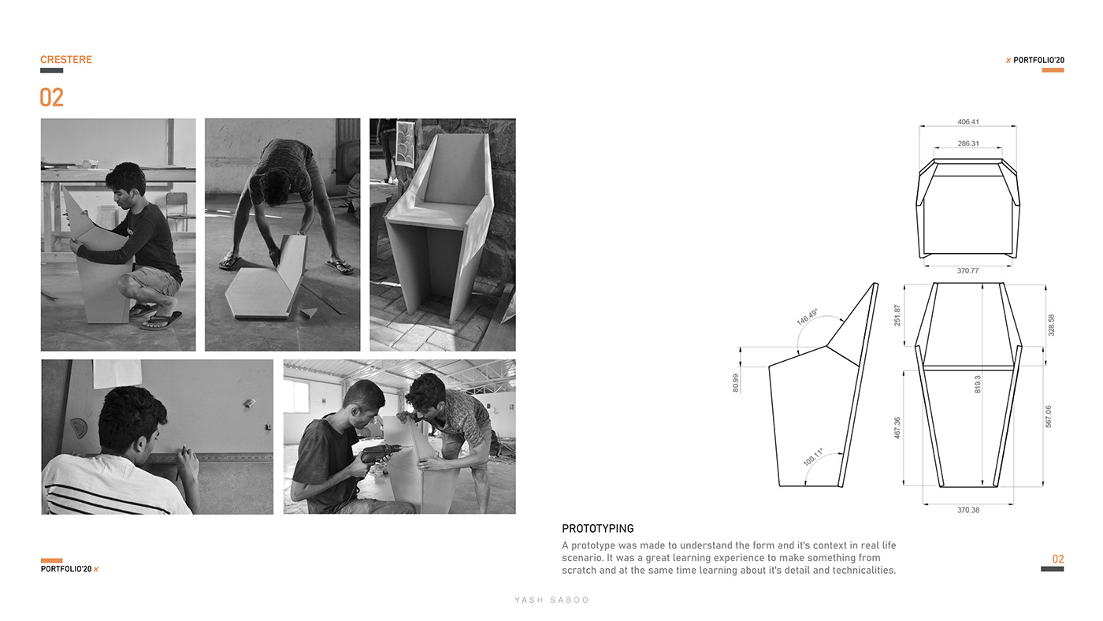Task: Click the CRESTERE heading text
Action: (x=66, y=60)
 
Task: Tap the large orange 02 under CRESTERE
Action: (x=51, y=98)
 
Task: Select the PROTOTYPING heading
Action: (x=597, y=529)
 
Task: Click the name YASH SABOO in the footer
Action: (x=551, y=601)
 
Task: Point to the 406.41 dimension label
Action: (x=968, y=122)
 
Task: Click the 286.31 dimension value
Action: (x=968, y=143)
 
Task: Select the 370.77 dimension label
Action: (x=968, y=270)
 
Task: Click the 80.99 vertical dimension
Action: (x=736, y=383)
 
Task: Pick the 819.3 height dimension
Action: (x=978, y=384)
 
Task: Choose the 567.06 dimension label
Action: (x=1048, y=417)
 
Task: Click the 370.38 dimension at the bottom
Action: (x=968, y=510)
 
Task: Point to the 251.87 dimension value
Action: (x=897, y=315)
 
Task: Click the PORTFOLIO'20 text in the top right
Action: (x=1038, y=60)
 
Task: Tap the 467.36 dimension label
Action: (x=897, y=428)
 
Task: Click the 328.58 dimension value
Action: (x=1051, y=325)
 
